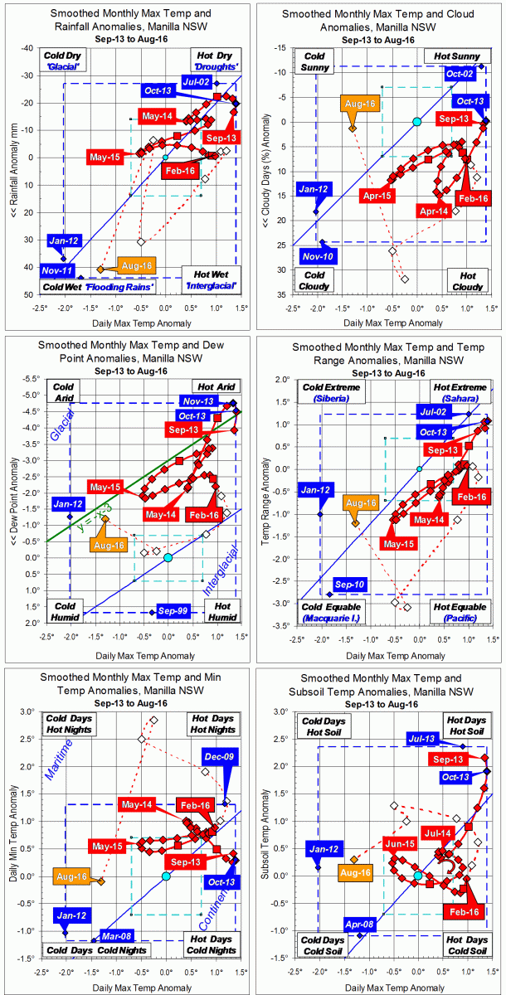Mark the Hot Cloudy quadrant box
(465, 279)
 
